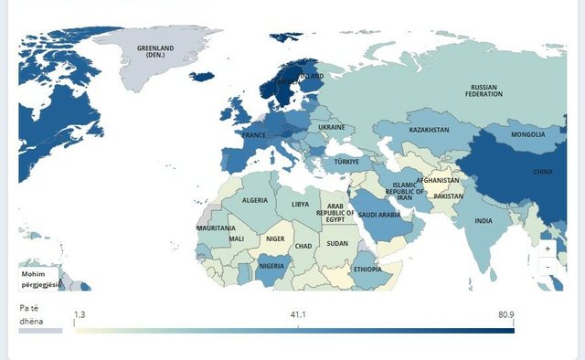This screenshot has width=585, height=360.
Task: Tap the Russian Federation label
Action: click(484, 90)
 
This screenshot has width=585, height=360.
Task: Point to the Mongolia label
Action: click(527, 134)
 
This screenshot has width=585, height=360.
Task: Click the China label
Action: click(542, 171)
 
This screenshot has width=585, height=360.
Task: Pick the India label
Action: click(484, 220)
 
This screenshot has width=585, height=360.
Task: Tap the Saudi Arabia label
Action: click(378, 215)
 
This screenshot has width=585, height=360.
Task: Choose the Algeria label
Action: click(254, 200)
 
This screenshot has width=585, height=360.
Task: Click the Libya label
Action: click(301, 205)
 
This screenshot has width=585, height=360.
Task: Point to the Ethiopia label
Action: click(367, 270)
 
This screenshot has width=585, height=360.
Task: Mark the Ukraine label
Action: click(331, 127)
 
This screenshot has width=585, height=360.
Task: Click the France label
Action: click(253, 135)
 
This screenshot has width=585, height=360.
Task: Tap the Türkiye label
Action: click(346, 161)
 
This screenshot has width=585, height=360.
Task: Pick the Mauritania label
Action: click(216, 228)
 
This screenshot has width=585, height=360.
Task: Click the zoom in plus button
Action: click(548, 248)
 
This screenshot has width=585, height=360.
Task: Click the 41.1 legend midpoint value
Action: click(298, 314)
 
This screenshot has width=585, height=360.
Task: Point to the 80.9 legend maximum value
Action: click(505, 314)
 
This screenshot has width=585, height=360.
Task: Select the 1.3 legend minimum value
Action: click(80, 314)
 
